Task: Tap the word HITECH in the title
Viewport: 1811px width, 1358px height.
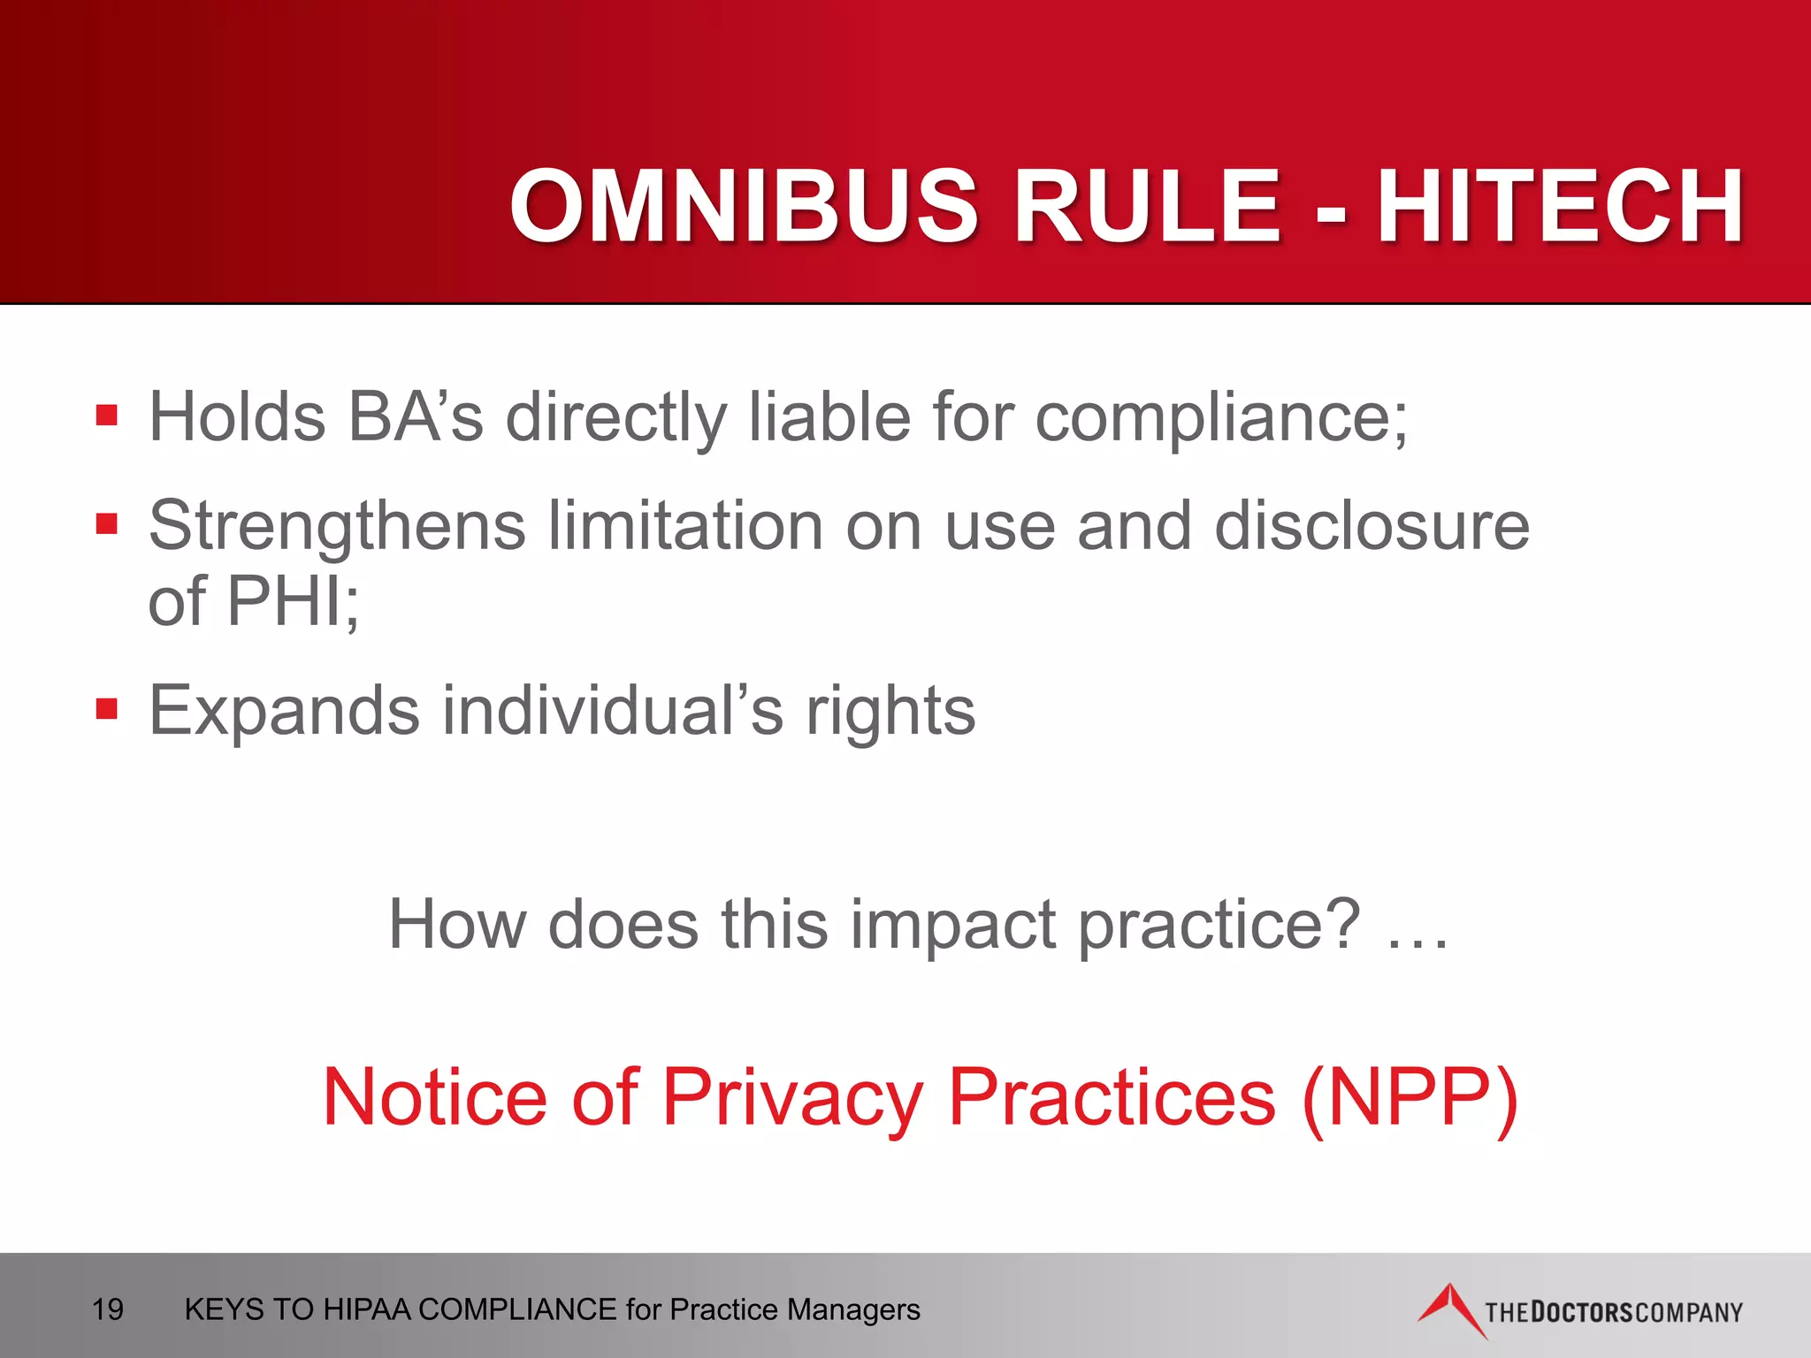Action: (1560, 206)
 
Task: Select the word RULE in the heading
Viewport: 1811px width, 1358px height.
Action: (1147, 206)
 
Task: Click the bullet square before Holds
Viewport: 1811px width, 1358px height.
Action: (107, 416)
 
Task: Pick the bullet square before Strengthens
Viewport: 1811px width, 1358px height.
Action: (107, 524)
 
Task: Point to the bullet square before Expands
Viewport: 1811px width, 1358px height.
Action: (107, 708)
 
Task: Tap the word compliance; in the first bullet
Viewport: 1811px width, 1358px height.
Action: (1221, 416)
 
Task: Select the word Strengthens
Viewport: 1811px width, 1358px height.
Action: (337, 526)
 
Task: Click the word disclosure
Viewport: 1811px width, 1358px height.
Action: (1372, 526)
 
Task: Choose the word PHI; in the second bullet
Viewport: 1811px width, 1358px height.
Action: (293, 601)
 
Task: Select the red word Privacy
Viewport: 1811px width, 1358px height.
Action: (792, 1097)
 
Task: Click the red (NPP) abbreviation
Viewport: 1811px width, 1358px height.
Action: (1410, 1097)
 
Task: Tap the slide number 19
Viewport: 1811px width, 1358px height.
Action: (108, 1309)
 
